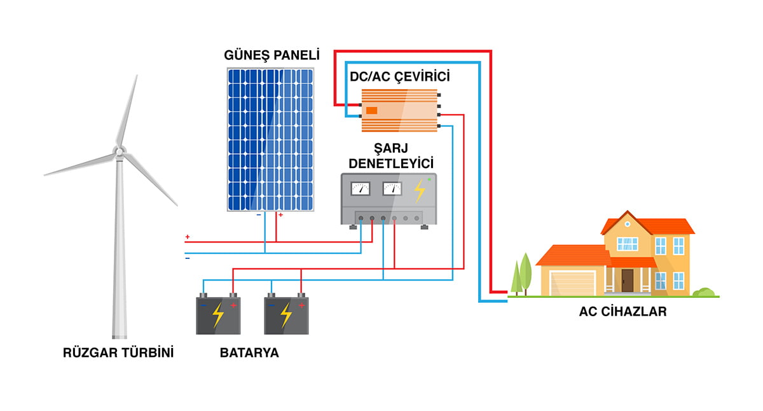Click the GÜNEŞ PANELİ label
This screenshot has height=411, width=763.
click(x=272, y=55)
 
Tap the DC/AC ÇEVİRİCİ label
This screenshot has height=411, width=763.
click(x=399, y=77)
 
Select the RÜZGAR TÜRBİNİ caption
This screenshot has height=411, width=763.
click(x=118, y=352)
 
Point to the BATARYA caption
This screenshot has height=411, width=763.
click(x=249, y=352)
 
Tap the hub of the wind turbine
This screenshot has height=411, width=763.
click(x=118, y=151)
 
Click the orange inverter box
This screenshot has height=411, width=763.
click(x=400, y=111)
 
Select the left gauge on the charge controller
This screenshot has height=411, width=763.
click(x=361, y=188)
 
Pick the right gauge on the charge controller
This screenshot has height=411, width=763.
click(x=392, y=188)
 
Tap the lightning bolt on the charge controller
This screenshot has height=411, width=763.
click(x=419, y=190)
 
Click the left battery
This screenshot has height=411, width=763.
click(x=218, y=315)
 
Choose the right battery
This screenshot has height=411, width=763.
click(x=286, y=315)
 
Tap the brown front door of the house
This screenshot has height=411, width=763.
click(x=628, y=281)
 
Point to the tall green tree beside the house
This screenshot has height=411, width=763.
click(x=525, y=272)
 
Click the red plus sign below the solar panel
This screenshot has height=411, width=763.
click(x=280, y=215)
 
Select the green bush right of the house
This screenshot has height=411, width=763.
click(x=703, y=293)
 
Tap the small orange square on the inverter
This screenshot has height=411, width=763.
click(x=372, y=111)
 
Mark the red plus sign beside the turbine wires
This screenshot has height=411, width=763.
click(x=187, y=237)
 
